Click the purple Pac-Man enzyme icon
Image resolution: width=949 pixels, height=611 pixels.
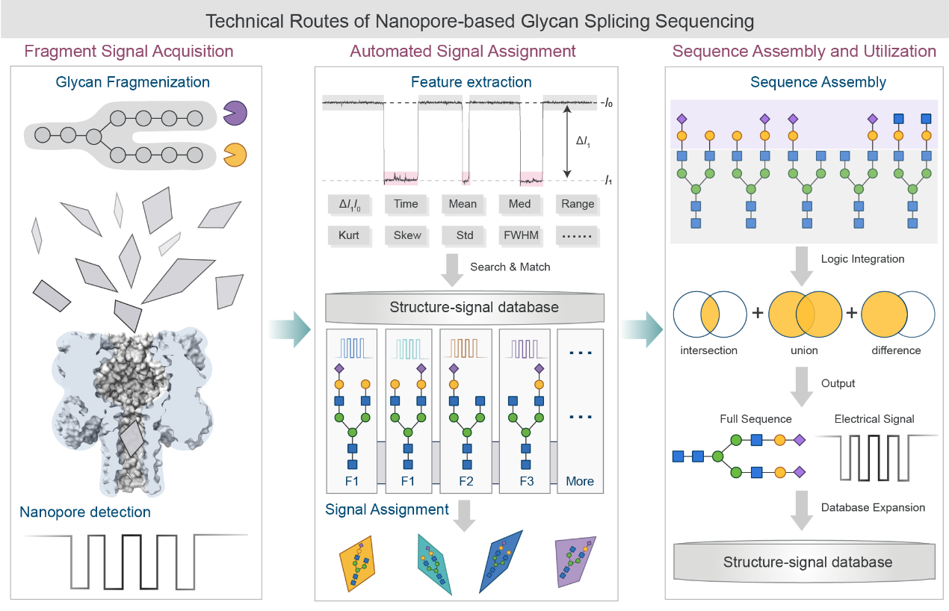point(235,114)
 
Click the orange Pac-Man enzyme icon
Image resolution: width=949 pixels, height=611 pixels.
point(235,155)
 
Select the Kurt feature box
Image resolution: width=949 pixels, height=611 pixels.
point(348,235)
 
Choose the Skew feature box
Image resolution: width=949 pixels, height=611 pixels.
point(407,235)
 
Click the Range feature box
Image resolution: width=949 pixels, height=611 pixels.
point(578,204)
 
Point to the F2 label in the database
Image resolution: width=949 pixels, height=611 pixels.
point(466,481)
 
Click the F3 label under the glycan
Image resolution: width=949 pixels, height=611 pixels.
point(525,481)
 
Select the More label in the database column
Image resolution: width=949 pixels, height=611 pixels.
point(580,481)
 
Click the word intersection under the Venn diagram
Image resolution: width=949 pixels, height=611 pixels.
point(709,350)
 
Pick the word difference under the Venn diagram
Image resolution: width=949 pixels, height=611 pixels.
point(895,350)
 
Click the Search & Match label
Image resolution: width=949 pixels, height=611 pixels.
point(510,267)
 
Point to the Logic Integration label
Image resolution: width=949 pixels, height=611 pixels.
point(862,259)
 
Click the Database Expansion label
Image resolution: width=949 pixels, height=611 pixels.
point(873,507)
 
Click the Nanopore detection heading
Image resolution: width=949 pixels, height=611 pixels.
point(85,512)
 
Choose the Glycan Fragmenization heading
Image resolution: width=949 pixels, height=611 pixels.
point(133,82)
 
